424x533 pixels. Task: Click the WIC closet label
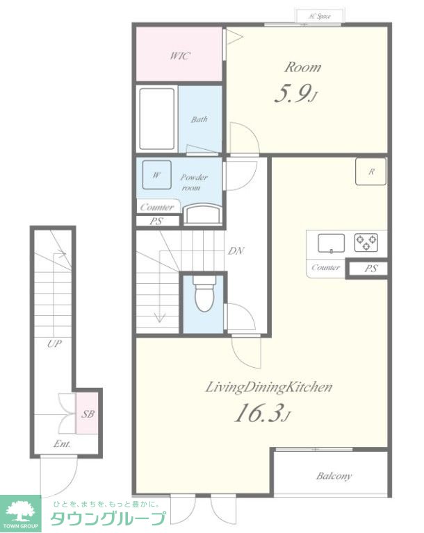click(x=180, y=56)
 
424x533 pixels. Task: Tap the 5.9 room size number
click(x=292, y=94)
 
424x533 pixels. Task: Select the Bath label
click(x=199, y=119)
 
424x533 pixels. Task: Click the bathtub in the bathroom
click(x=157, y=119)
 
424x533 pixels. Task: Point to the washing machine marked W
click(x=156, y=175)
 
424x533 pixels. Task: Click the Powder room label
click(x=193, y=183)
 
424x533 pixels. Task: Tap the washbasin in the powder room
click(x=204, y=214)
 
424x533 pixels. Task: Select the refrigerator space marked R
click(x=371, y=171)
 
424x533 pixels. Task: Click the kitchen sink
click(x=331, y=243)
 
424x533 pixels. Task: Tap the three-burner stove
click(x=366, y=242)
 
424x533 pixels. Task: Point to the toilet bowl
click(x=204, y=294)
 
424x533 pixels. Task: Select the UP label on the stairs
click(x=54, y=344)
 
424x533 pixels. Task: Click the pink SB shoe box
click(x=87, y=413)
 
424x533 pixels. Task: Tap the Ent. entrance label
click(x=62, y=443)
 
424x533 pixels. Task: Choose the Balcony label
click(x=334, y=476)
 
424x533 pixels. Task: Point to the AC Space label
click(x=320, y=16)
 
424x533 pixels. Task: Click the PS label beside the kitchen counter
click(x=370, y=268)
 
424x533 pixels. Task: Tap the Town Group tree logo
click(x=20, y=511)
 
